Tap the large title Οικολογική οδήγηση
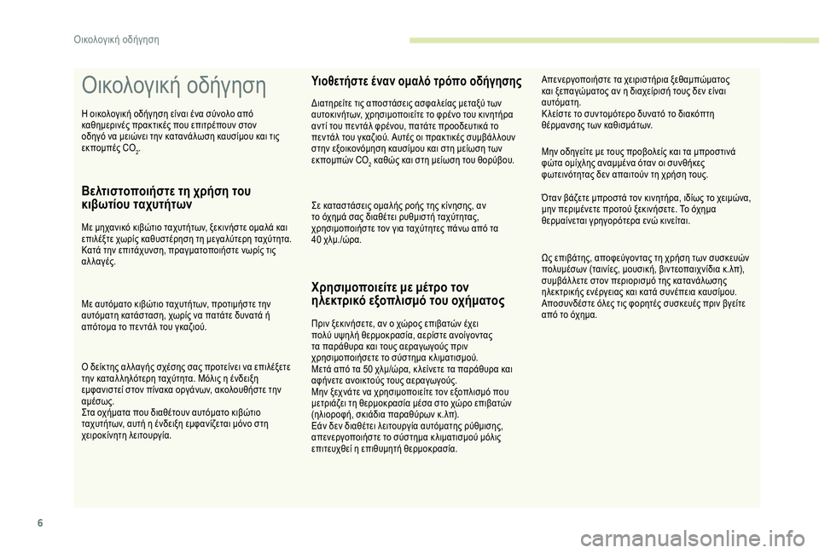pyautogui.click(x=173, y=86)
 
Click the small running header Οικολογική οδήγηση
pyautogui.click(x=117, y=39)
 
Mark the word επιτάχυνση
pyautogui.click(x=148, y=251)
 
